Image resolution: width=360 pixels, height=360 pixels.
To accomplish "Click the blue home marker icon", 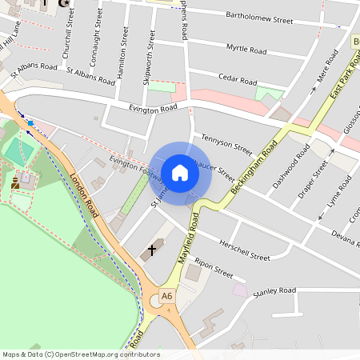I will (x=180, y=173).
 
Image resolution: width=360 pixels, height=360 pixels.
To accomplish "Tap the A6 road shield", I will (x=166, y=296).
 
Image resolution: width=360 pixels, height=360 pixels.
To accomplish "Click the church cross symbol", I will (x=150, y=251).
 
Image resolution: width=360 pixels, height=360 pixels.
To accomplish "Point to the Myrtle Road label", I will (x=246, y=50).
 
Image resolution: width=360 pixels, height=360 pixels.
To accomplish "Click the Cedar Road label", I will (x=238, y=81).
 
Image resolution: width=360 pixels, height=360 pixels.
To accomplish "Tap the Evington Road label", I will (x=141, y=108).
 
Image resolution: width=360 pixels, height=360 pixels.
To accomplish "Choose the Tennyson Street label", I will (x=227, y=145).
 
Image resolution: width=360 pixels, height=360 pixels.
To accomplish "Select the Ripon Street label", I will (x=214, y=269).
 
